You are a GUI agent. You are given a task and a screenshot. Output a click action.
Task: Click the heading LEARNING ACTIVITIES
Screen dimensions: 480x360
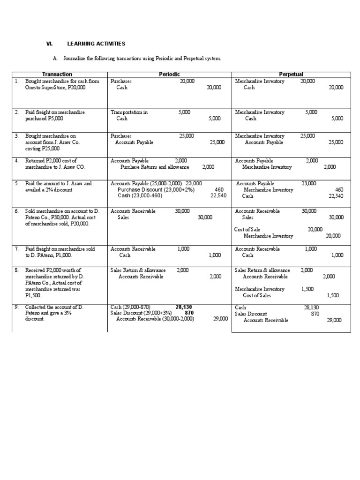tap(96, 44)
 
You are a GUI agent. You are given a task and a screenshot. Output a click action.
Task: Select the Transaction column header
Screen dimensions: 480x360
tap(57, 75)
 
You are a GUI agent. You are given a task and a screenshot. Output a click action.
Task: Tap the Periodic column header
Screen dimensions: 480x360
tap(169, 75)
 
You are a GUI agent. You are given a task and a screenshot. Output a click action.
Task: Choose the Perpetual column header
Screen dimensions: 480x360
tap(291, 75)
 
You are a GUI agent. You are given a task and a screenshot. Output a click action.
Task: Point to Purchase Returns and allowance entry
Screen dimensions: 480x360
tap(155, 167)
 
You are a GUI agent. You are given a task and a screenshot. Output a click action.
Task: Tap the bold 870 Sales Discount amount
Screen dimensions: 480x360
tap(189, 313)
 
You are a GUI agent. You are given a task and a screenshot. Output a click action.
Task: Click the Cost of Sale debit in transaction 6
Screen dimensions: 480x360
tap(247, 229)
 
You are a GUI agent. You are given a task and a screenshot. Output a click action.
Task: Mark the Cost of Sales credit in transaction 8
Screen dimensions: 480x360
tap(257, 296)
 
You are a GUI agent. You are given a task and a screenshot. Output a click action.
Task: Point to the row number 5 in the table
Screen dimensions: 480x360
tap(16, 184)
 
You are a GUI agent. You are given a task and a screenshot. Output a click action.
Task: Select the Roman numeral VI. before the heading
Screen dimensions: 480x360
tap(48, 44)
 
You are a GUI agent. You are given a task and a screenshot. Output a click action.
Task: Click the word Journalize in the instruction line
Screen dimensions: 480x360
tap(76, 59)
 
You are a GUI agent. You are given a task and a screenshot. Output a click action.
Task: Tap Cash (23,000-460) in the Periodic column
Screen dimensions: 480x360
tap(140, 196)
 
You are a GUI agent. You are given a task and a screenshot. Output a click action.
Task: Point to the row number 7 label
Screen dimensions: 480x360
tap(16, 249)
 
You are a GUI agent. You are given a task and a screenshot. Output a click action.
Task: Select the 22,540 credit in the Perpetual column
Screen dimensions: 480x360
tap(336, 196)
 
